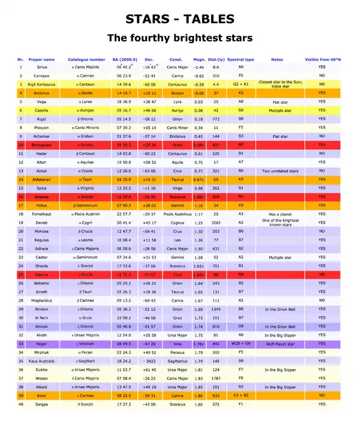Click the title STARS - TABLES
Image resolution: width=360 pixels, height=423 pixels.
pyautogui.click(x=179, y=18)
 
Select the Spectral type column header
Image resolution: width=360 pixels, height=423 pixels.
pyautogui.click(x=241, y=59)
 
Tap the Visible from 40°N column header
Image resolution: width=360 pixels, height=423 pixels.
pyautogui.click(x=322, y=59)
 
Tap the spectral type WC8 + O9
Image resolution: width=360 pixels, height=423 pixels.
pyautogui.click(x=241, y=344)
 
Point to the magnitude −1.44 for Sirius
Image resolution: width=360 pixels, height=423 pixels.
pyautogui.click(x=199, y=68)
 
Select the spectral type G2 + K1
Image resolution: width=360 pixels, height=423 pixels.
pyautogui.click(x=241, y=85)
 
